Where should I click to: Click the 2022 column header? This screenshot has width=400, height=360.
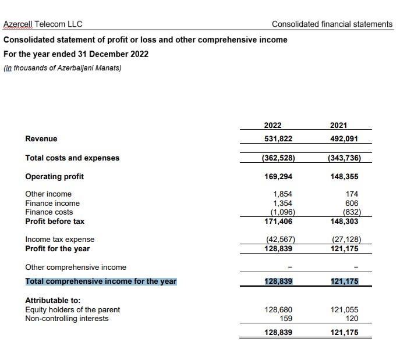click(x=272, y=125)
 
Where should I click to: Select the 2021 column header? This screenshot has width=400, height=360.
click(x=338, y=125)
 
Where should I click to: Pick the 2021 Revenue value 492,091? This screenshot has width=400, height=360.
click(x=344, y=138)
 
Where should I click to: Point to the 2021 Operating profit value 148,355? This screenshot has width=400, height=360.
click(x=344, y=176)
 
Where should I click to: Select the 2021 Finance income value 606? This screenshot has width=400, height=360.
click(x=351, y=203)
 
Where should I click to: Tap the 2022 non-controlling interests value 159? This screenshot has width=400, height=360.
click(x=286, y=318)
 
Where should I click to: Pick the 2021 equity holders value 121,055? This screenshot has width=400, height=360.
click(x=344, y=309)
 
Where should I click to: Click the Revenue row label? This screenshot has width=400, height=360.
click(x=41, y=138)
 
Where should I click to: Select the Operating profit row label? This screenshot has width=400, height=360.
click(x=55, y=176)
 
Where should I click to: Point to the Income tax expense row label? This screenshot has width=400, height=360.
click(x=60, y=239)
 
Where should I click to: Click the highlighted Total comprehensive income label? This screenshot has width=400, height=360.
click(x=101, y=281)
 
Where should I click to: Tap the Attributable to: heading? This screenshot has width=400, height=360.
click(x=53, y=300)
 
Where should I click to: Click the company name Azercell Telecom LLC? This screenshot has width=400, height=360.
click(x=43, y=24)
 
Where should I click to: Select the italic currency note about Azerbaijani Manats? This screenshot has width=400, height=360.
click(x=62, y=68)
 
